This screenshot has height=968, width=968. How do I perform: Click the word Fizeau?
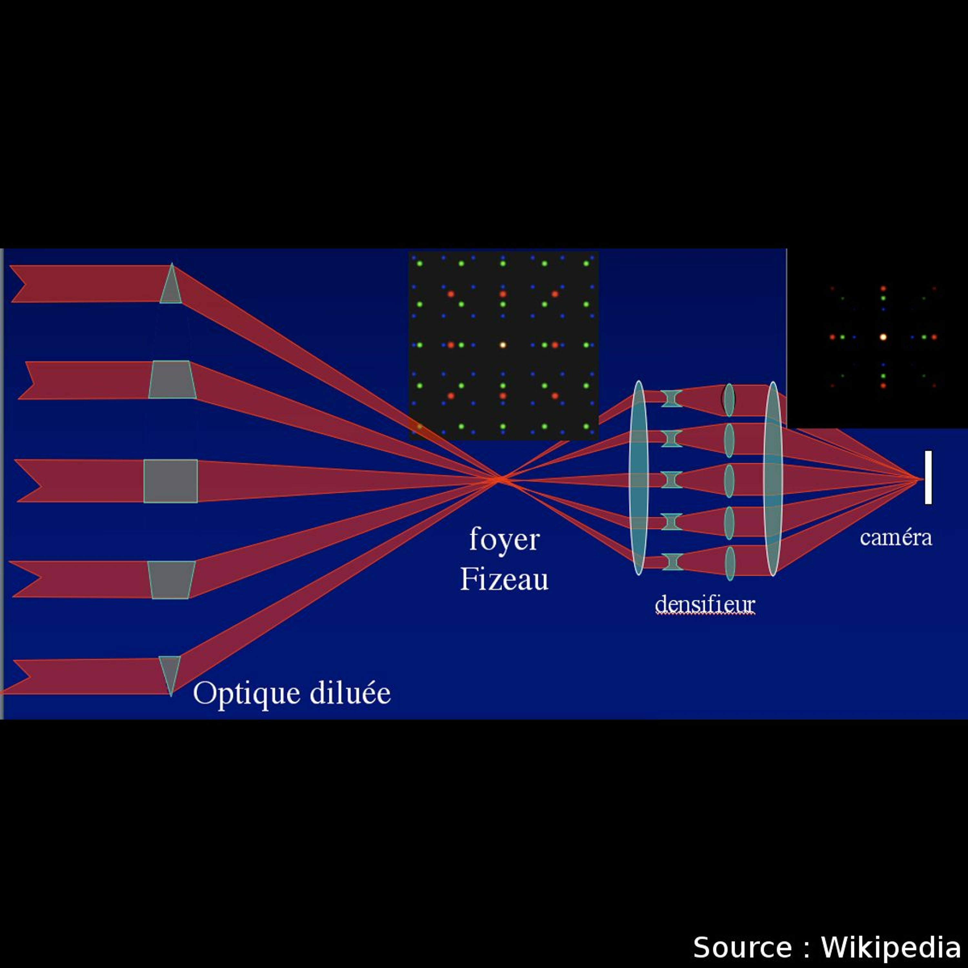tap(504, 580)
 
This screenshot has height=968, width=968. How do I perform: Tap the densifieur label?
tap(704, 605)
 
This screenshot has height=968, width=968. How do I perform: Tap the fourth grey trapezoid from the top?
tap(171, 579)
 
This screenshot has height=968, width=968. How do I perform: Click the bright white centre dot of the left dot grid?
tap(502, 345)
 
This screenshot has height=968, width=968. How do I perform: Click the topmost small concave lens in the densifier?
tap(671, 398)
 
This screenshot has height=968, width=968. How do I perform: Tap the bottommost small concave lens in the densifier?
tap(671, 562)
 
